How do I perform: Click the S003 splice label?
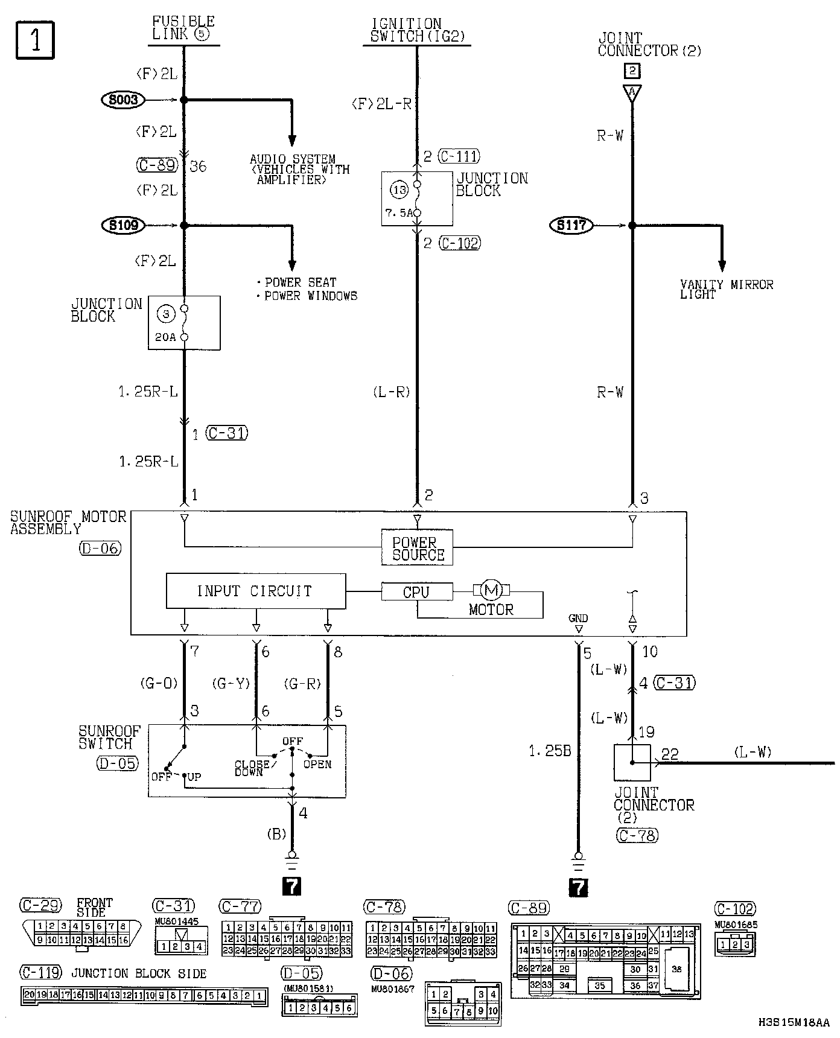point(123,100)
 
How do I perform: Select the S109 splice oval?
point(124,225)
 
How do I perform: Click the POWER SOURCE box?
point(417,548)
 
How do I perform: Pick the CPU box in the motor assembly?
point(416,592)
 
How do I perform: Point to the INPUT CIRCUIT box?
point(256,591)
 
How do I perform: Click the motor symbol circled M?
point(491,590)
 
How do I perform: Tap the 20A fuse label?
point(165,337)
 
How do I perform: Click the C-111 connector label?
point(459,157)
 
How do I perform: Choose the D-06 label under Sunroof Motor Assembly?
point(100,549)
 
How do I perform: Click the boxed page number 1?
point(35,40)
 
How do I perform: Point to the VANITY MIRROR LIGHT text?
point(726,289)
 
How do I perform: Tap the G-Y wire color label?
point(231,684)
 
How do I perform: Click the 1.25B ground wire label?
point(550,751)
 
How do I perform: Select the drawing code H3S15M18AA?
point(794,1022)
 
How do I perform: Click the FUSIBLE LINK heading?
point(183,28)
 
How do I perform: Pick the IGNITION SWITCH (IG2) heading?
point(416,30)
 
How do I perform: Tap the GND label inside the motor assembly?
point(578,618)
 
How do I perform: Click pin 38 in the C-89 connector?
point(677,969)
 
